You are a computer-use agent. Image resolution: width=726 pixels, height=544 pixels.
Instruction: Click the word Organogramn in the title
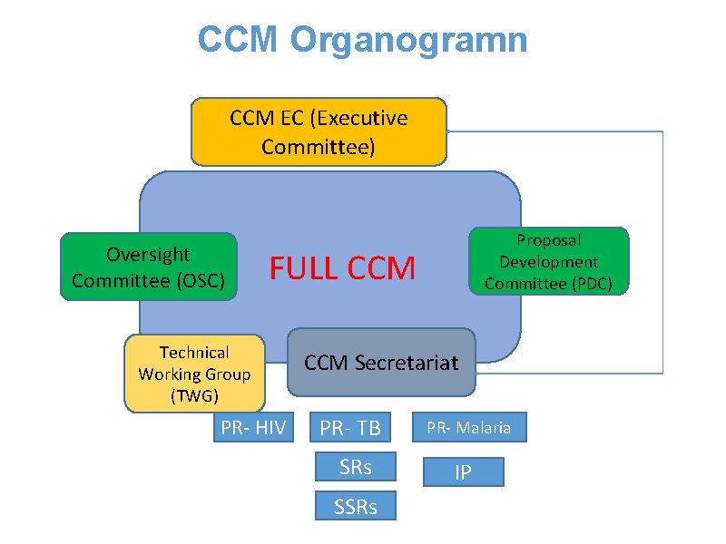[409, 40]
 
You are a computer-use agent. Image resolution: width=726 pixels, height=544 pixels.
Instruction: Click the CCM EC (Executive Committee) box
[319, 131]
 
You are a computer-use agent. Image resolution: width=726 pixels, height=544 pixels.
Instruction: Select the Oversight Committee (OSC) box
[148, 267]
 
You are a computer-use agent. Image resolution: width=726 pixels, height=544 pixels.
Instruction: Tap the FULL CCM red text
[342, 268]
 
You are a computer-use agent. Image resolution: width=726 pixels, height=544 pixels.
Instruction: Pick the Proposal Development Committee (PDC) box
[548, 261]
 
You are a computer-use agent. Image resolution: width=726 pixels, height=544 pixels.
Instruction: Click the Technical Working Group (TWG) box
[194, 374]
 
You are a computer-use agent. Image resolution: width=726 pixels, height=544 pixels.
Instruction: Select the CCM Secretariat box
[381, 363]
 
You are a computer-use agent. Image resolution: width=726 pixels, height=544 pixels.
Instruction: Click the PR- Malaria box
[469, 427]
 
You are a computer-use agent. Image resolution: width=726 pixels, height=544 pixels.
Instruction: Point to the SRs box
[355, 467]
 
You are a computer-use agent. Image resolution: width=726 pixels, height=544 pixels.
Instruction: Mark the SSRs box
[355, 506]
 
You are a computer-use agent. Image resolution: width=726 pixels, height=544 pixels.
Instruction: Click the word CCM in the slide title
[240, 40]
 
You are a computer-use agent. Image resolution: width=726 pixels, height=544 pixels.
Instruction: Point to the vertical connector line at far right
[662, 254]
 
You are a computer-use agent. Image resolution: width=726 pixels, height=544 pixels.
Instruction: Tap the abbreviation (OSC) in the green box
[199, 280]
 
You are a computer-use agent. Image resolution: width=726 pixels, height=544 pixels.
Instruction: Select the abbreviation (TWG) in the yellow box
[194, 395]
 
